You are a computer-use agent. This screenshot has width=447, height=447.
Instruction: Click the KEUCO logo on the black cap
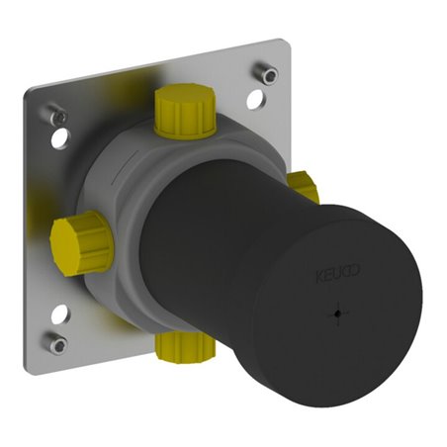(x=338, y=273)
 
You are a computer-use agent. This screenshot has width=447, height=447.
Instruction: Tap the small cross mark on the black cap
(x=337, y=313)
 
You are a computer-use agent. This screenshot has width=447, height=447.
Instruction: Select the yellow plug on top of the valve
(x=185, y=110)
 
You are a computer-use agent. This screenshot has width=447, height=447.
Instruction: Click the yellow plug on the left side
(x=82, y=242)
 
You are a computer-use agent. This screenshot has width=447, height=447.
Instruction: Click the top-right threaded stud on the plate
(x=266, y=73)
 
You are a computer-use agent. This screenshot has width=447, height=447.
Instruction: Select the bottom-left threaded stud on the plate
(x=55, y=342)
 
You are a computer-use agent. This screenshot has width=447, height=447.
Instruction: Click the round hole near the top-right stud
(x=255, y=99)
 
